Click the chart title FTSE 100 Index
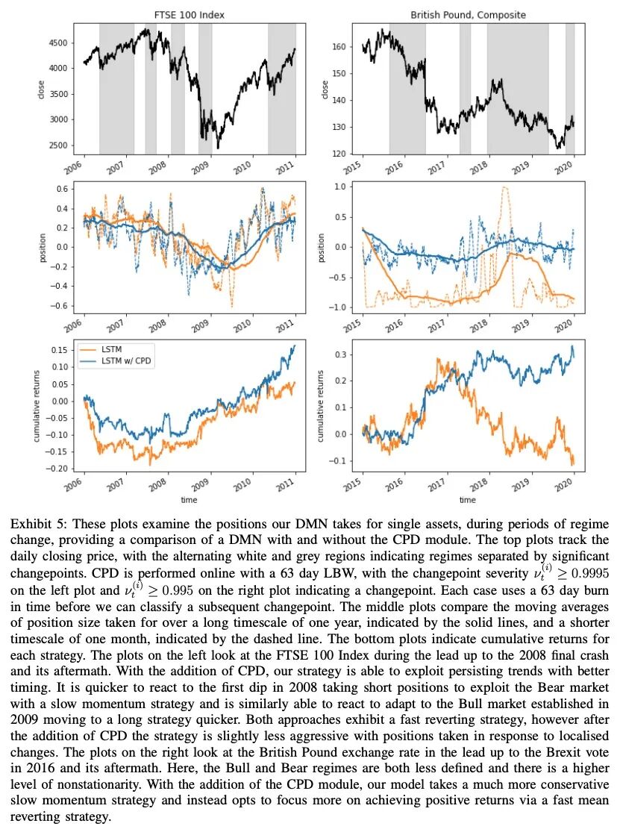point(190,15)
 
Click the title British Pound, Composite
point(468,15)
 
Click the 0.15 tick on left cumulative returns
point(61,349)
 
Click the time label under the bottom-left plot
point(190,499)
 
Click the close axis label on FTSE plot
point(41,89)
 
